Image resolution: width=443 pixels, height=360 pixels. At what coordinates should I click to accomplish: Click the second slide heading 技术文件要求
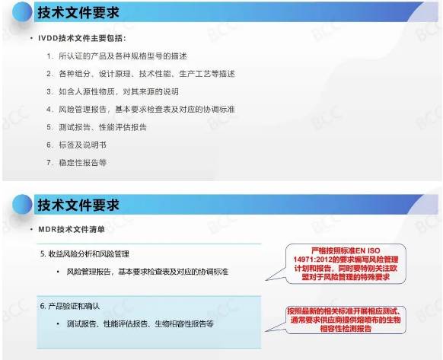tap(78, 204)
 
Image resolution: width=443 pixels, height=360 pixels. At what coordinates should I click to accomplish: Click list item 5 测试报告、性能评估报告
tap(107, 126)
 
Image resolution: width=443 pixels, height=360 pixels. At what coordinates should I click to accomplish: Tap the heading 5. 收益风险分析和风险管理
tap(90, 252)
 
